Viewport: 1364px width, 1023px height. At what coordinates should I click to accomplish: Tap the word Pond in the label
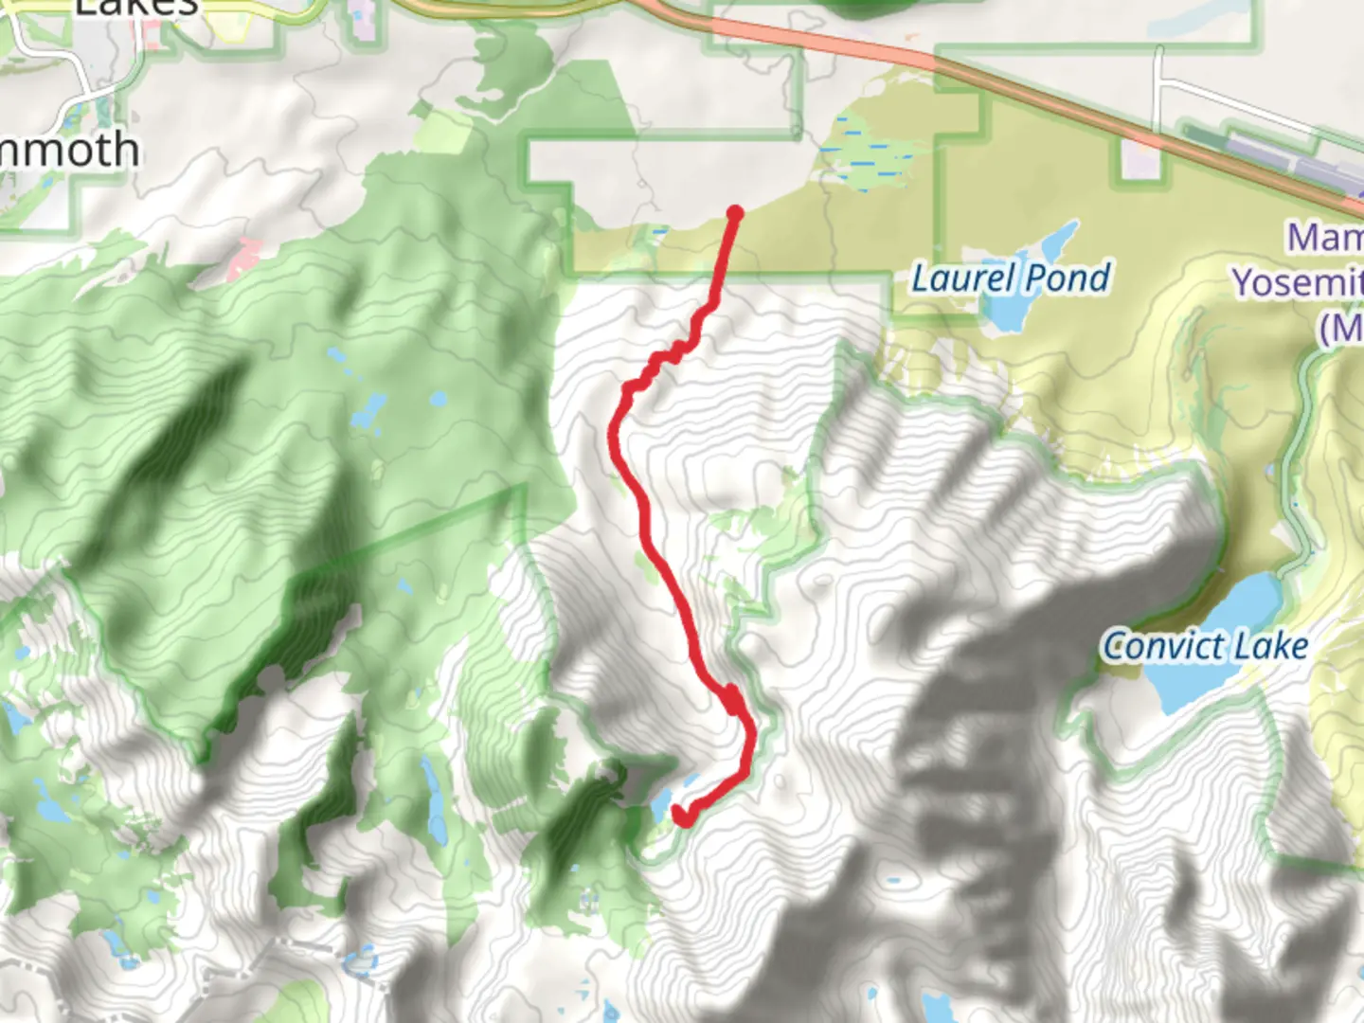(1068, 278)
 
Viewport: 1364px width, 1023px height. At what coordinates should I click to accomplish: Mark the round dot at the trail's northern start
(734, 213)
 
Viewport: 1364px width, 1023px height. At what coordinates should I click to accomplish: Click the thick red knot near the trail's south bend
(732, 701)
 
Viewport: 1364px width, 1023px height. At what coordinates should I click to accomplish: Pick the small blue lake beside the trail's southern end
(660, 807)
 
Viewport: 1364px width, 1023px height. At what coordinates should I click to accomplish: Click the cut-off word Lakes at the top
(137, 8)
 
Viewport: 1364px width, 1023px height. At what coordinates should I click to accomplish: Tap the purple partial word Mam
(1324, 237)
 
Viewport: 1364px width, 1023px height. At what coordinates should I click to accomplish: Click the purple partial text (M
(1340, 328)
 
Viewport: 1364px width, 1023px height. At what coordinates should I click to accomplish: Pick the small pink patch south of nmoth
(243, 256)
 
